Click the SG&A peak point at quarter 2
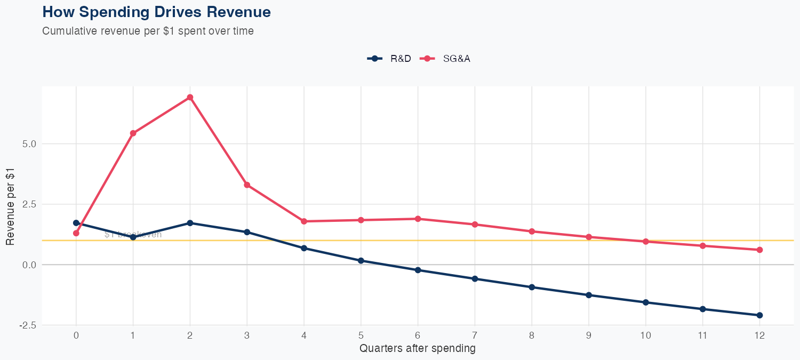point(190,98)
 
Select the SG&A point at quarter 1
point(133,133)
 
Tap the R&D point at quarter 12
point(759,315)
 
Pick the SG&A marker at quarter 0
point(76,233)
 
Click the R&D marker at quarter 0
point(76,223)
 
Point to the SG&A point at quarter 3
point(247,185)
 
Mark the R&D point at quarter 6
point(418,270)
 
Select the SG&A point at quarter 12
point(759,250)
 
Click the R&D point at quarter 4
point(304,248)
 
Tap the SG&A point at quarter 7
point(475,225)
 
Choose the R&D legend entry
point(389,59)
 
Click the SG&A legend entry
point(446,59)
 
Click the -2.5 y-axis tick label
point(28,325)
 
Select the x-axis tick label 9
point(589,335)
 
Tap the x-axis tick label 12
point(759,335)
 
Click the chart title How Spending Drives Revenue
point(156,12)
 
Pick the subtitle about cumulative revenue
point(148,31)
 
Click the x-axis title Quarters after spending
point(418,349)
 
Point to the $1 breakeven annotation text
point(133,234)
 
